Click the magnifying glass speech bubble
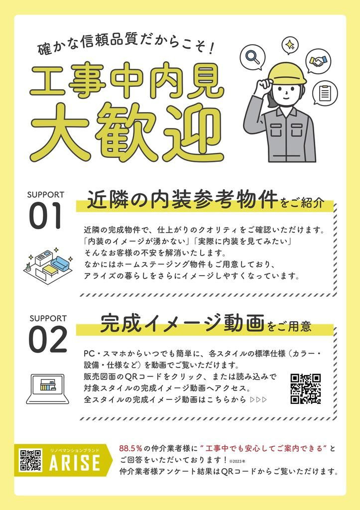pos(252,58)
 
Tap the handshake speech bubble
pos(318,61)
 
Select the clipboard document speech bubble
pos(325,92)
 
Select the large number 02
pos(48,340)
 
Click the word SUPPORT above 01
pos(45,195)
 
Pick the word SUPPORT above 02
pos(48,318)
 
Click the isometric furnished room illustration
pos(48,266)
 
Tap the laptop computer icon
pos(47,388)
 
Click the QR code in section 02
pos(306,389)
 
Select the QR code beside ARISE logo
pos(30,460)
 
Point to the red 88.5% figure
pos(130,448)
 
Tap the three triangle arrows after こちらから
pos(258,399)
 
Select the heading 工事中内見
pos(127,80)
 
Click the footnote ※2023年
pos(237,461)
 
